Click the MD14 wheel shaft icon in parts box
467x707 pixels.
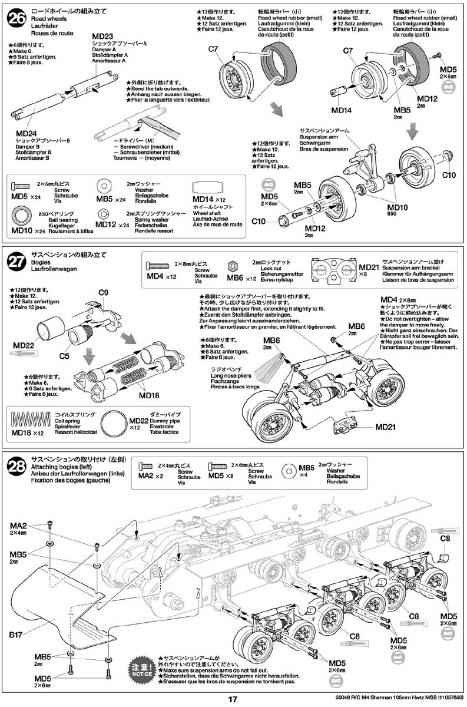point(209,188)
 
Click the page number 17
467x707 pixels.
point(233,699)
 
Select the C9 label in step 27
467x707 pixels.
point(104,293)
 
